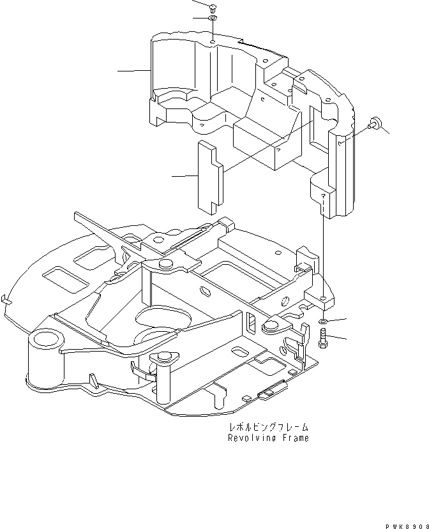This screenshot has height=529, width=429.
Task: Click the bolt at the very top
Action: click(x=212, y=8)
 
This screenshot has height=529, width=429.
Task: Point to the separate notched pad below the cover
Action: click(x=209, y=175)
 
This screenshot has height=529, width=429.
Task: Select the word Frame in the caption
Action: click(x=295, y=438)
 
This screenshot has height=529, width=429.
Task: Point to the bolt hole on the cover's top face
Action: click(x=212, y=44)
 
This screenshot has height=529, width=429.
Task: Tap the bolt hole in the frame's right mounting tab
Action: click(x=324, y=298)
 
